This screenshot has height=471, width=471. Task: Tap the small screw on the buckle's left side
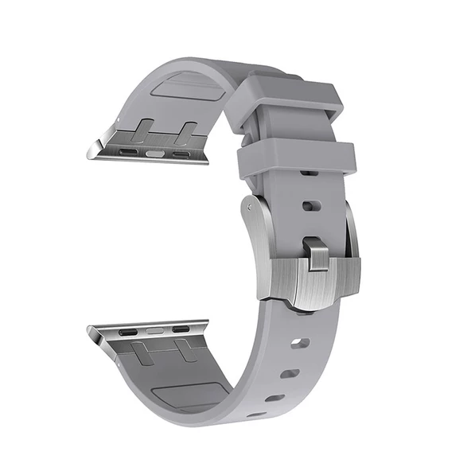[251, 207]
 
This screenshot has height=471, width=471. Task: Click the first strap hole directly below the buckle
[300, 343]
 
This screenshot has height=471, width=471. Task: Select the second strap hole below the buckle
[290, 372]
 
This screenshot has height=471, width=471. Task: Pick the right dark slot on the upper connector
[181, 154]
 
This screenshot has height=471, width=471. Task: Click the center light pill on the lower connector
[154, 329]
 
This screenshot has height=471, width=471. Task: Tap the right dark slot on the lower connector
[181, 328]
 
